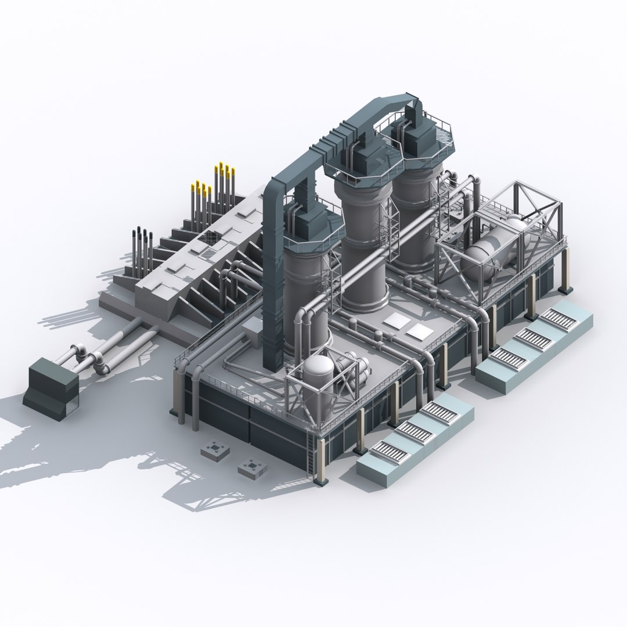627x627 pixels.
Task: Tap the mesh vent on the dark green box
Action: pyautogui.click(x=69, y=395)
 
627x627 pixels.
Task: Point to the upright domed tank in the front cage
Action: pyautogui.click(x=318, y=377)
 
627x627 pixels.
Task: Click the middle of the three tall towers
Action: pyautogui.click(x=365, y=250)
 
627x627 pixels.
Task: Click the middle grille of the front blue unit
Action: pyautogui.click(x=415, y=432)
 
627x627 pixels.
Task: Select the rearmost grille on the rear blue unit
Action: pyautogui.click(x=558, y=319)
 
